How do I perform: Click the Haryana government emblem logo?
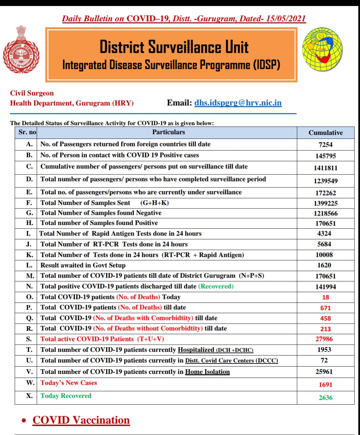(x=21, y=49)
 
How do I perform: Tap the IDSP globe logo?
(x=322, y=49)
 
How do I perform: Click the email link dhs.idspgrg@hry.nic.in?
(x=238, y=103)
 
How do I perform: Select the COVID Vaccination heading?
(x=81, y=420)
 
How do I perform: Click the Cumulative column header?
(x=325, y=133)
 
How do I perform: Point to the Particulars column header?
(x=168, y=132)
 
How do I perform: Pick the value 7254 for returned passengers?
(x=325, y=144)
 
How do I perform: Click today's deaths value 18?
(x=325, y=297)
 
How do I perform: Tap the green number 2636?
(x=325, y=398)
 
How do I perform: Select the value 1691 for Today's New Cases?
(x=325, y=385)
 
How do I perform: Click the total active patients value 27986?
(x=324, y=339)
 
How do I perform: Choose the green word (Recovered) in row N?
(x=216, y=286)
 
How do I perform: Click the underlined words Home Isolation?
(x=207, y=372)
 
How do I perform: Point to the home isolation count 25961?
(x=324, y=372)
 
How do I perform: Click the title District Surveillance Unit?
(x=174, y=47)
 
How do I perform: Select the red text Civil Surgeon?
(x=32, y=93)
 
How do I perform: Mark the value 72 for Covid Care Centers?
(x=324, y=360)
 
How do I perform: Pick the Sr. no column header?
(x=27, y=132)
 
